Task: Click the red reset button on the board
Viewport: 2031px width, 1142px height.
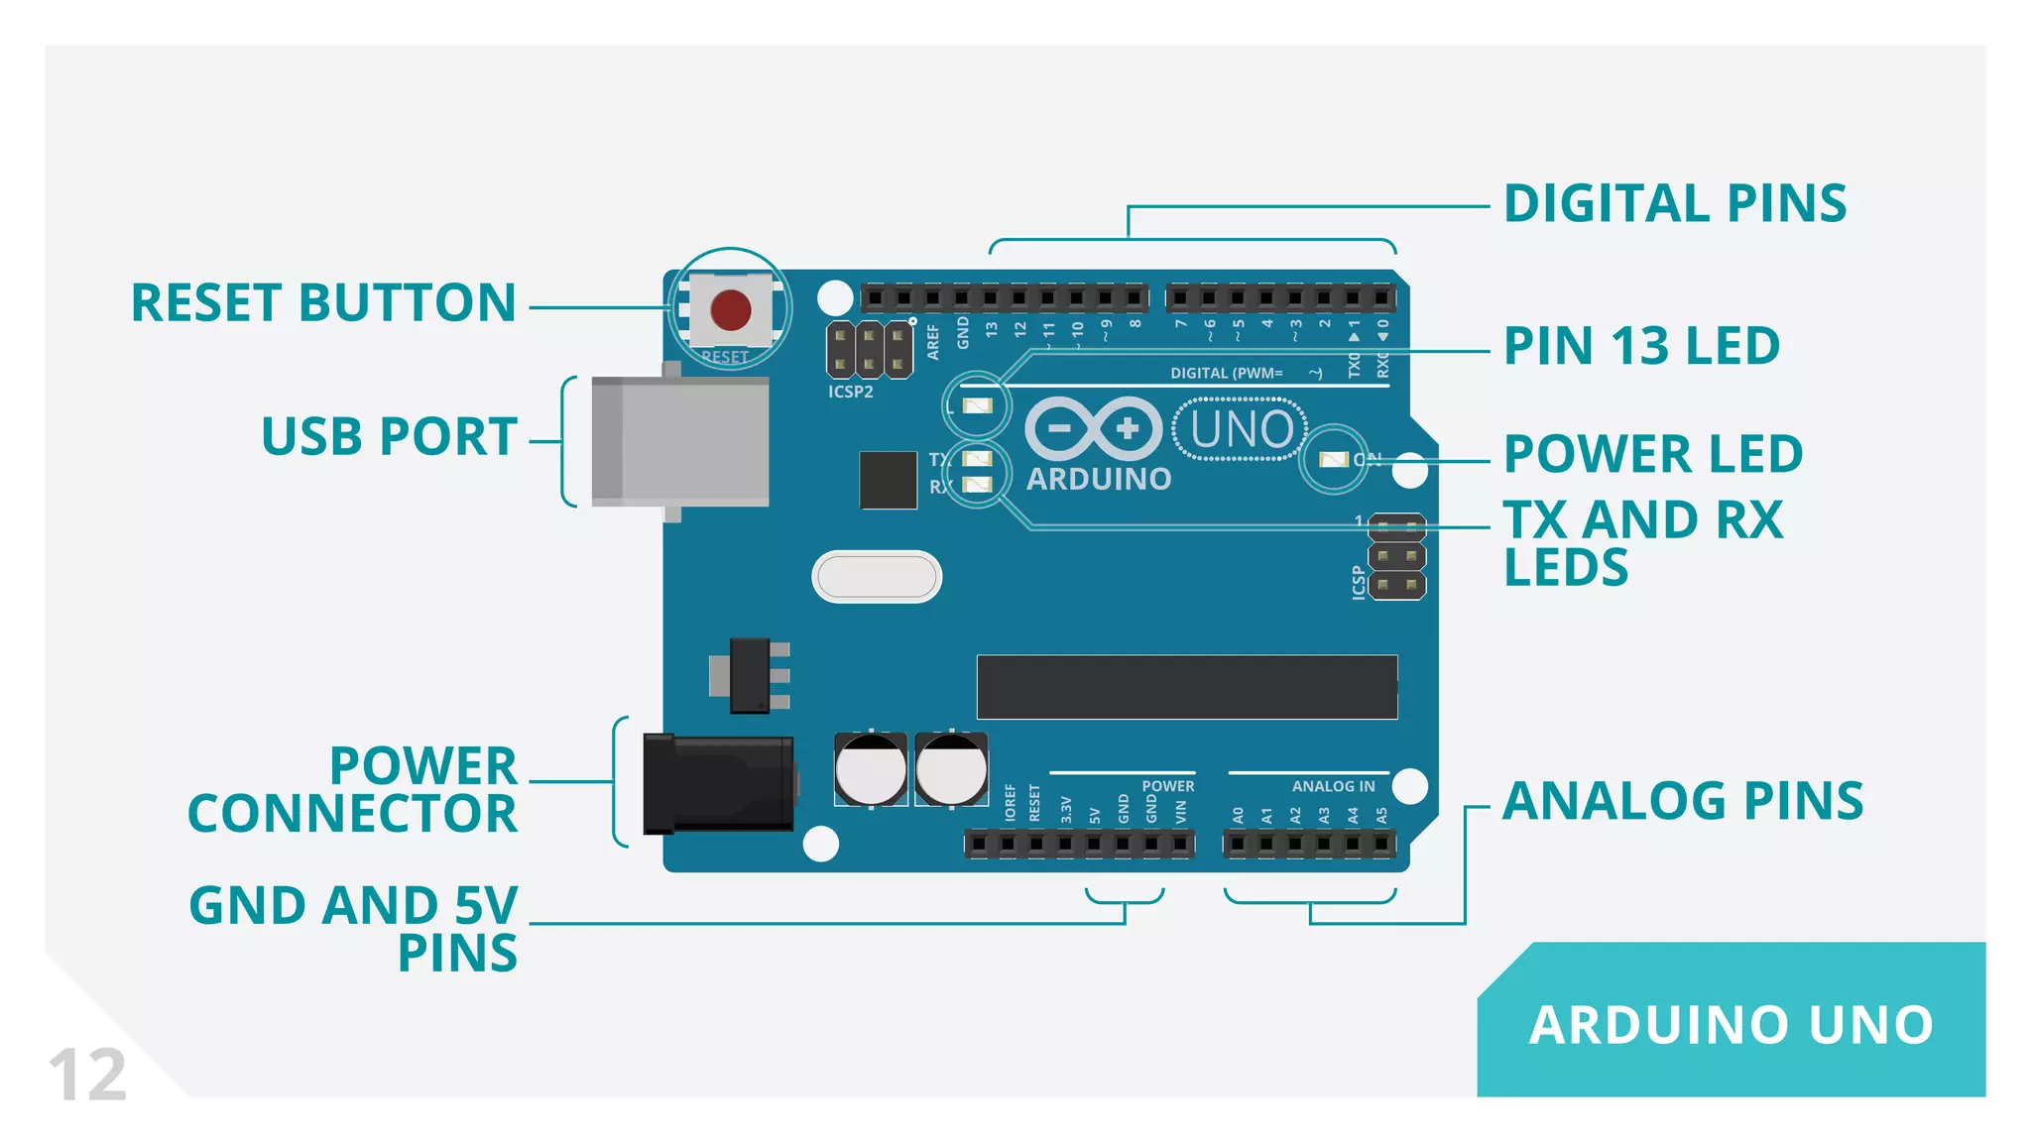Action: tap(731, 309)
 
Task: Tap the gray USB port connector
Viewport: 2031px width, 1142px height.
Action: tap(680, 441)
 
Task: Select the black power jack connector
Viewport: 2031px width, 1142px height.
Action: tap(718, 784)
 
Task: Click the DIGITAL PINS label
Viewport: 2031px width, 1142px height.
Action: tap(1675, 204)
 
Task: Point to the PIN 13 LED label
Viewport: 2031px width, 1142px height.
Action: tap(1641, 346)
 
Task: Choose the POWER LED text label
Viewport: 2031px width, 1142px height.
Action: tap(1653, 454)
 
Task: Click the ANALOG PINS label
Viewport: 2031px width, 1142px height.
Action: tap(1683, 801)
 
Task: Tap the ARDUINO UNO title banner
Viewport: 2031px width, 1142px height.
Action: tap(1731, 1024)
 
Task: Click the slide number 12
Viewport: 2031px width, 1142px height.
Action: tap(87, 1075)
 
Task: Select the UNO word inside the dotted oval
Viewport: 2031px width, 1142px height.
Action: tap(1241, 430)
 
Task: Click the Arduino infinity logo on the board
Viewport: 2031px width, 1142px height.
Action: tap(1093, 429)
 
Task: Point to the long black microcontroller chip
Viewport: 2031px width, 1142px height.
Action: tap(1187, 686)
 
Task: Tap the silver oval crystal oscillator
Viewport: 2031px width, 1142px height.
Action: tap(877, 577)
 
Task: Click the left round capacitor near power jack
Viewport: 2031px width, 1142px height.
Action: tap(871, 769)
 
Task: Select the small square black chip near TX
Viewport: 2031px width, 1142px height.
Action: tap(888, 480)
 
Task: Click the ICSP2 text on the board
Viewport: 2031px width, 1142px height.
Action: tap(851, 392)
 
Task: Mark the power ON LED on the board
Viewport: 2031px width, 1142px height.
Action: tap(1334, 460)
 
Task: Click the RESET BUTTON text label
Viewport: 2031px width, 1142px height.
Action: tap(323, 302)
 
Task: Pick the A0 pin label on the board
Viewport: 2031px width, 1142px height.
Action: tap(1238, 815)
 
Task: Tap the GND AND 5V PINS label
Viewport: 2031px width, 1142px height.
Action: tap(354, 929)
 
